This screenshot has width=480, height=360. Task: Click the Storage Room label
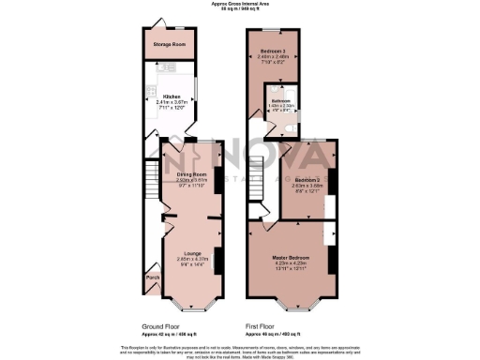(x=170, y=44)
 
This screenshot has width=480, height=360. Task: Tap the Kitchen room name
(x=172, y=95)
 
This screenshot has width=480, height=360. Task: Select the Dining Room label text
(x=191, y=173)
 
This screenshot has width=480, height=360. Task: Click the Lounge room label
(x=192, y=253)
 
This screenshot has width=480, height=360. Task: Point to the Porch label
(x=152, y=277)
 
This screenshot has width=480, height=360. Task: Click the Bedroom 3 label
(x=272, y=51)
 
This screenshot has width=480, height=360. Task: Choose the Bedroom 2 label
(x=308, y=178)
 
